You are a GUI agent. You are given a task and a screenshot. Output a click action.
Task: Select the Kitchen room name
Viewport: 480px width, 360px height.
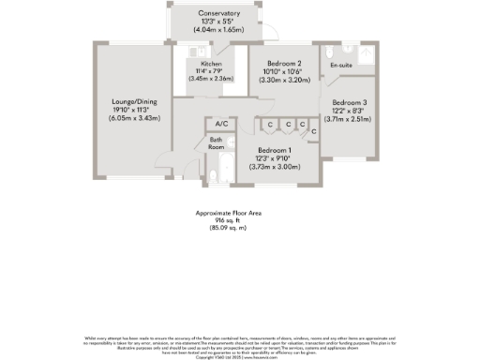tap(210, 62)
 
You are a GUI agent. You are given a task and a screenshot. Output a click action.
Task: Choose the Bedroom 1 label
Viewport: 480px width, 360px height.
tap(276, 151)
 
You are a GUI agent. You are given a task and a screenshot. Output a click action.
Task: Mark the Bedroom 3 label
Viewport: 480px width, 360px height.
tap(350, 101)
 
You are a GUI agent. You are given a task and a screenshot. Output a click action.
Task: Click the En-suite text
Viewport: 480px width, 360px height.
tap(339, 67)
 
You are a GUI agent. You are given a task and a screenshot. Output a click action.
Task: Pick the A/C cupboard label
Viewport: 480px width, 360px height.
tap(221, 124)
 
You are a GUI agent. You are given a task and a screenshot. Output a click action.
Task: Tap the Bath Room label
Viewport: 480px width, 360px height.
tap(216, 142)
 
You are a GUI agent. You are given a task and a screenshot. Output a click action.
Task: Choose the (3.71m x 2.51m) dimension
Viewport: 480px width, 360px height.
tap(350, 119)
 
